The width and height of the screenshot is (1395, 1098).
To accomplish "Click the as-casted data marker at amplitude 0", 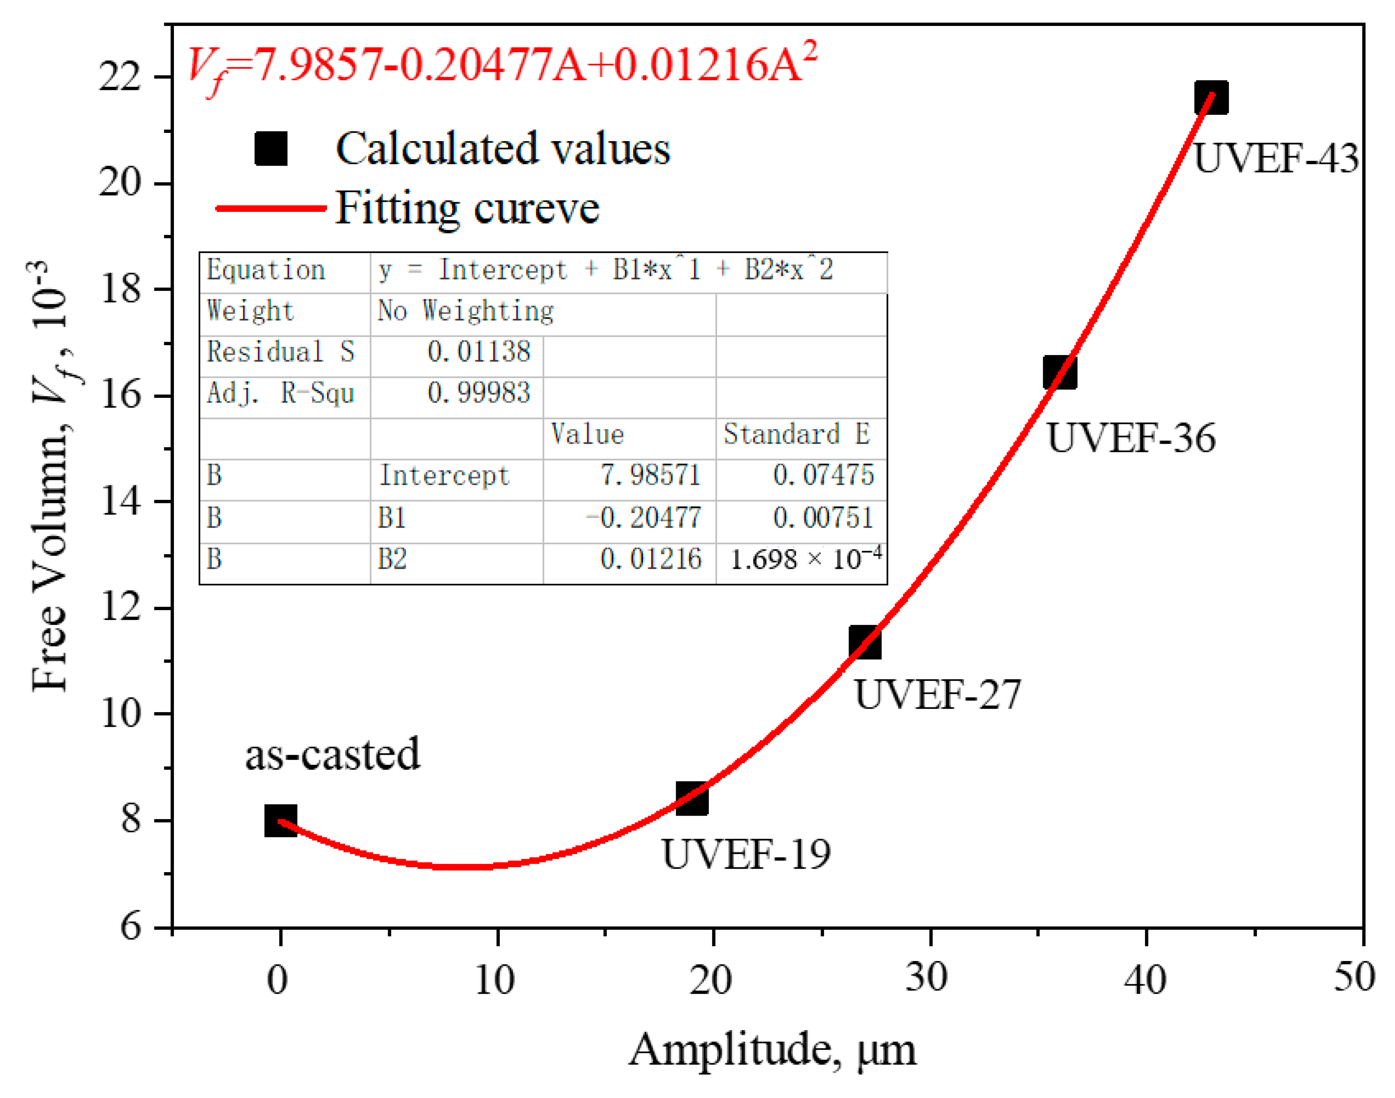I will pyautogui.click(x=280, y=821).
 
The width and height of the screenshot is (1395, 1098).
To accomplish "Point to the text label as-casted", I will pyautogui.click(x=332, y=754).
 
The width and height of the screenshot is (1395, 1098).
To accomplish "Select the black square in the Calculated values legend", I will pyautogui.click(x=271, y=149).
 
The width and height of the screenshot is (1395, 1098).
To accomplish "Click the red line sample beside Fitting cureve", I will pyautogui.click(x=271, y=208).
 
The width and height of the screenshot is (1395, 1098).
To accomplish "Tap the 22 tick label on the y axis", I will pyautogui.click(x=120, y=77).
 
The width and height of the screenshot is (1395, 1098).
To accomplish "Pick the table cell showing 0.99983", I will pyautogui.click(x=478, y=393).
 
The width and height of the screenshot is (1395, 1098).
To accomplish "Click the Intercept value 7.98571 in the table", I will pyautogui.click(x=649, y=475).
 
